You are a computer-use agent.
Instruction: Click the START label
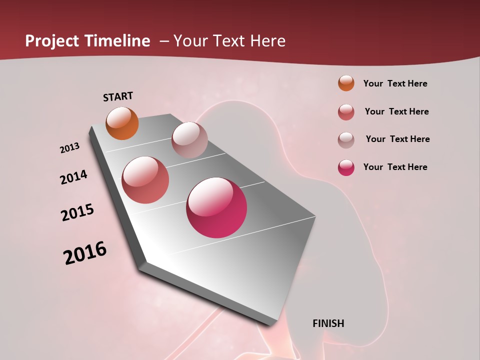118,96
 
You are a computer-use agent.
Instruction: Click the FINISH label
328,323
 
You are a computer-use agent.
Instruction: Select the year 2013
69,148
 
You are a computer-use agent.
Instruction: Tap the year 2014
73,177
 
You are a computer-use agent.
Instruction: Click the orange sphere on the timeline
122,123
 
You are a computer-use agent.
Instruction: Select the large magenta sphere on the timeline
216,207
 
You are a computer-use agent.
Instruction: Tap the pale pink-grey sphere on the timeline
189,140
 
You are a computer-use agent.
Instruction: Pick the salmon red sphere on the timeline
145,180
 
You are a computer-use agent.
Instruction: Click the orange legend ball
346,83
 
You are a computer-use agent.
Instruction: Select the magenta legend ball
346,167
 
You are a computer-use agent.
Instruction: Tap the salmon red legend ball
346,111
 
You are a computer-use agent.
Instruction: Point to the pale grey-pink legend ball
346,139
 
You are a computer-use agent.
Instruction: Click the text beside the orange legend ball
395,83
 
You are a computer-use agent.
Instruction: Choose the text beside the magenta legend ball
395,167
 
